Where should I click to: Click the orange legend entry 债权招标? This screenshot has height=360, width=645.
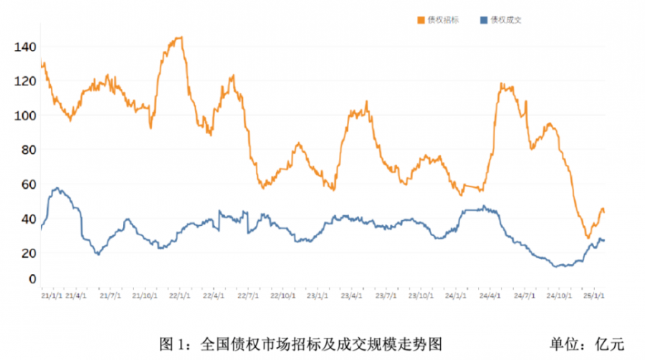click(x=443, y=20)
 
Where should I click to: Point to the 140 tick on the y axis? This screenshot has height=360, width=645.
click(x=24, y=47)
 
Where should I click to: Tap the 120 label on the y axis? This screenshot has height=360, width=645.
click(x=24, y=82)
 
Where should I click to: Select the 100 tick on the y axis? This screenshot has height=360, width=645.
click(x=24, y=115)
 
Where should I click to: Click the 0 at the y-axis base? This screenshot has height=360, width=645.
click(x=32, y=279)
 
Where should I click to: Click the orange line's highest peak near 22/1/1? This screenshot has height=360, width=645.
click(x=179, y=37)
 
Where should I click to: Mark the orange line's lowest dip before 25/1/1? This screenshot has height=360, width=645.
click(x=588, y=237)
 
